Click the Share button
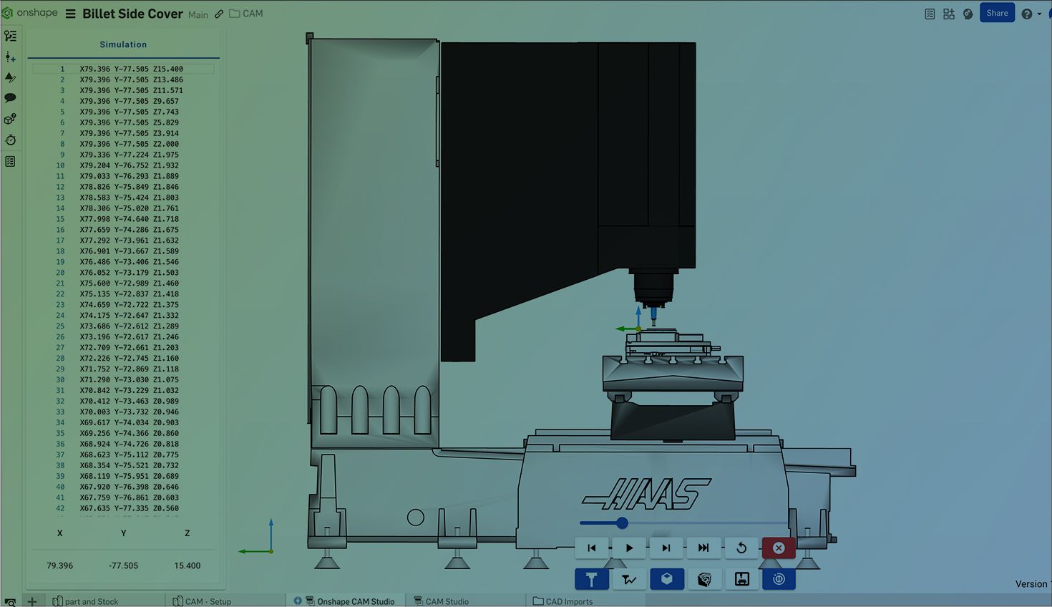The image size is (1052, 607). (997, 13)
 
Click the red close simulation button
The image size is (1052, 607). (779, 548)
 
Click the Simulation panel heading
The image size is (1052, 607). (123, 44)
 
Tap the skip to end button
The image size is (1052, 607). (703, 548)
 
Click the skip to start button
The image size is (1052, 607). (592, 548)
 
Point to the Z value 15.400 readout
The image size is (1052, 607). (187, 565)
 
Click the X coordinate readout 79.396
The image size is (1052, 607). (60, 565)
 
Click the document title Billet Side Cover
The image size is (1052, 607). (132, 14)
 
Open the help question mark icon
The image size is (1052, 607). (1027, 14)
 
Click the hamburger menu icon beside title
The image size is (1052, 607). (70, 14)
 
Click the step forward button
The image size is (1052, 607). (666, 548)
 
